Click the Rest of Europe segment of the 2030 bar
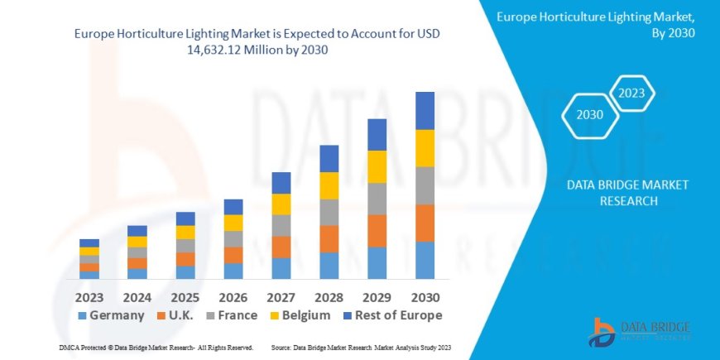(x=425, y=110)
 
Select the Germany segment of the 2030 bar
(x=425, y=260)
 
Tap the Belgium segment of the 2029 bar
(x=377, y=166)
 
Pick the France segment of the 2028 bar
(x=329, y=212)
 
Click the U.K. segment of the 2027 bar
(x=281, y=247)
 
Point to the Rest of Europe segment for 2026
(x=233, y=207)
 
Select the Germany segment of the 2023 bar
(x=89, y=275)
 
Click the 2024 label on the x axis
(x=137, y=296)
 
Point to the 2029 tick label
(x=377, y=296)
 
